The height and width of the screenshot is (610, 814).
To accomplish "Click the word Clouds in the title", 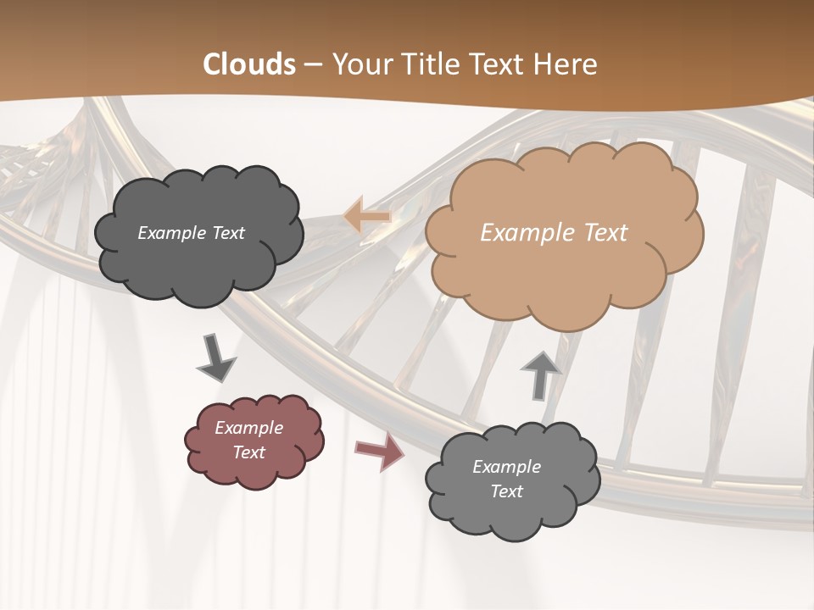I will [249, 64].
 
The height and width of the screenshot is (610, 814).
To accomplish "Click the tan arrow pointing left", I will [367, 217].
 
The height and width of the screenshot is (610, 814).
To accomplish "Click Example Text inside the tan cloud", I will [554, 233].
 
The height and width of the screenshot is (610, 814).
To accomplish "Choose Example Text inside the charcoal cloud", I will [191, 233].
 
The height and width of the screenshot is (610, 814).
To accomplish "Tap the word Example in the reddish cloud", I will [248, 428].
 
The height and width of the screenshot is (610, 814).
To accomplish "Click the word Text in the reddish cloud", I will [248, 452].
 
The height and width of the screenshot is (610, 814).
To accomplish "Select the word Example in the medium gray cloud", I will [506, 467].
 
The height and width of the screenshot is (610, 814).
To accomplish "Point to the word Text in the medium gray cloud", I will [506, 491].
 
